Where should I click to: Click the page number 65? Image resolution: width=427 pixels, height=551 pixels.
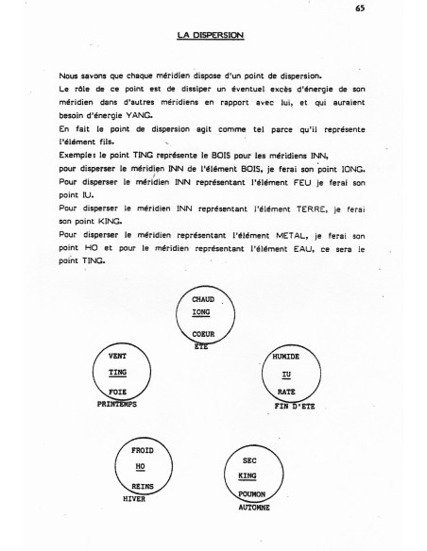361,8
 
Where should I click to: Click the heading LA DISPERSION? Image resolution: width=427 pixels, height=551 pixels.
211,36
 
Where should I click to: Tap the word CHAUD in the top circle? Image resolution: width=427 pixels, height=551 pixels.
205,300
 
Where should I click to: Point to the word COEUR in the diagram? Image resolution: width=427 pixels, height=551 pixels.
204,336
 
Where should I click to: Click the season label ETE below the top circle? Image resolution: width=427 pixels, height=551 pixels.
200,346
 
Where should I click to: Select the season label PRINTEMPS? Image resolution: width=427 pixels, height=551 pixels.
118,403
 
